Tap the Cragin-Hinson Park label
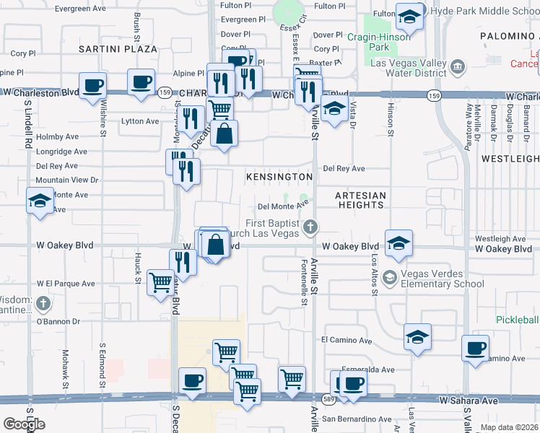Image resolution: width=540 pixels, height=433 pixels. coord(378,43)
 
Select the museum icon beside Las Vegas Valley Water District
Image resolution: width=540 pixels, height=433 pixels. coord(457,68)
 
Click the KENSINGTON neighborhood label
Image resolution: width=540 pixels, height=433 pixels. coord(279,176)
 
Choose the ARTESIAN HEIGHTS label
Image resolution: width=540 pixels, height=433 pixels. coord(361,200)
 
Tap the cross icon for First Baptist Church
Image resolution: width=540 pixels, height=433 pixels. coord(311,228)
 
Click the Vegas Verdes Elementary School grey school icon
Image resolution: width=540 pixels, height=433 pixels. coord(390,278)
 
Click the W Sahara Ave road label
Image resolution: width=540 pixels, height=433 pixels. coord(469,400)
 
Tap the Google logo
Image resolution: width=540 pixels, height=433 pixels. coord(24,424)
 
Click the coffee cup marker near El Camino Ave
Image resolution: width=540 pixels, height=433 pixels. coord(475,349)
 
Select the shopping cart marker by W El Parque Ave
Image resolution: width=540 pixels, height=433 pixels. coord(160,281)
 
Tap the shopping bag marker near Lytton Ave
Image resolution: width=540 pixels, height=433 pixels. coord(224,134)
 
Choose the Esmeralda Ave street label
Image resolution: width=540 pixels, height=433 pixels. coord(368,369)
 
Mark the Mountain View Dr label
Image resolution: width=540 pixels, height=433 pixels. coord(66,180)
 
